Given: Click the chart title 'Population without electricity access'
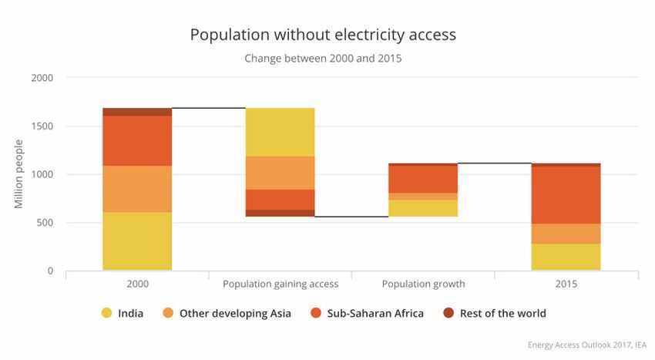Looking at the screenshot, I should pyautogui.click(x=323, y=35).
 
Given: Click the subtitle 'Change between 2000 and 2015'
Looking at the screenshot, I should pyautogui.click(x=323, y=58).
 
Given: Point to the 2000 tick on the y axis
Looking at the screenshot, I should pyautogui.click(x=42, y=78).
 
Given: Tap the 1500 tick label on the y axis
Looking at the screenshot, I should pyautogui.click(x=42, y=126).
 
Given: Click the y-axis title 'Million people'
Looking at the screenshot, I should pyautogui.click(x=18, y=174).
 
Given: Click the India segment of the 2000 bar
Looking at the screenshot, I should pyautogui.click(x=137, y=241).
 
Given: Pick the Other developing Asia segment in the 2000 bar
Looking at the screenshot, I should pyautogui.click(x=137, y=189).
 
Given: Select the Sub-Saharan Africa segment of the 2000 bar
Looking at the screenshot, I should pyautogui.click(x=137, y=140).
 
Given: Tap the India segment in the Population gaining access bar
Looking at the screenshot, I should pyautogui.click(x=280, y=132).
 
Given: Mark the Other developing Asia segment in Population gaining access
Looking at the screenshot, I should pyautogui.click(x=280, y=173).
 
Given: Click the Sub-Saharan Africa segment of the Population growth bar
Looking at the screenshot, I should pyautogui.click(x=423, y=179).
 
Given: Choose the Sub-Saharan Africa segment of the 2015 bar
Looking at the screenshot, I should pyautogui.click(x=566, y=195).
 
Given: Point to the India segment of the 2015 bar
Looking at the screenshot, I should pyautogui.click(x=566, y=257).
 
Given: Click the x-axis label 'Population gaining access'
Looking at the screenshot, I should pyautogui.click(x=280, y=284).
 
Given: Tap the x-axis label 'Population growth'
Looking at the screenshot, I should pyautogui.click(x=423, y=284).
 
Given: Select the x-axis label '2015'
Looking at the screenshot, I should pyautogui.click(x=566, y=284).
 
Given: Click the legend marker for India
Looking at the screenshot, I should pyautogui.click(x=107, y=314).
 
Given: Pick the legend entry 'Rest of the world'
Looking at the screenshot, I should pyautogui.click(x=502, y=314).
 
